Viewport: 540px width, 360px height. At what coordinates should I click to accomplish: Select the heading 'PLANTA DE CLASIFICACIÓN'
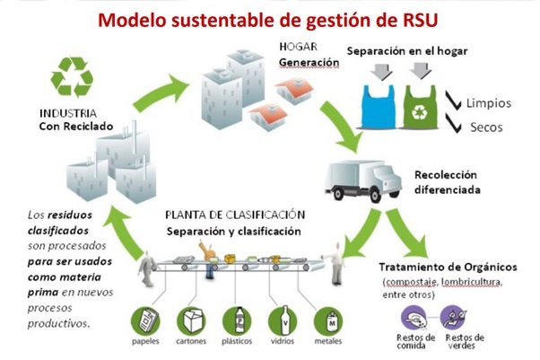tap(236, 215)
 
